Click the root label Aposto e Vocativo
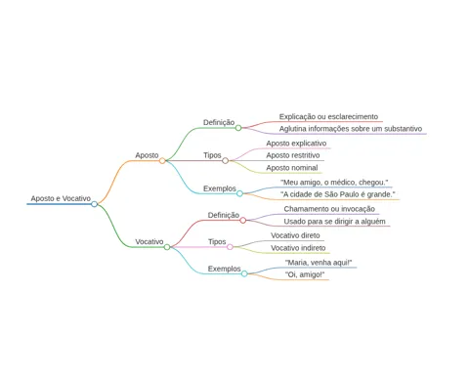(61, 198)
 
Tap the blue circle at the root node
(95, 204)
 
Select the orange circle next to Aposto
(162, 160)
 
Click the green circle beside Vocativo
(167, 247)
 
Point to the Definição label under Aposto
(219, 122)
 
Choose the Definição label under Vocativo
(224, 215)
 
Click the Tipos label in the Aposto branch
(212, 155)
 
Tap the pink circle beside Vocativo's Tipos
(230, 247)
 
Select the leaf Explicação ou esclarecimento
(328, 116)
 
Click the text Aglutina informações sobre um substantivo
(351, 129)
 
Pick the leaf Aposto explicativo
(296, 144)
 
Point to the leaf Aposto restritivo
(293, 155)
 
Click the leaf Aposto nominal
(292, 168)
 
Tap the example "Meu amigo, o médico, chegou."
(334, 183)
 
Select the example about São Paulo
(338, 194)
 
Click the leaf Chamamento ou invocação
(329, 209)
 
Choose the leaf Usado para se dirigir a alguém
(334, 222)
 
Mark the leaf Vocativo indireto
(298, 248)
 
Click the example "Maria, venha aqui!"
(319, 263)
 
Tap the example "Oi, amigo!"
(305, 274)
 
